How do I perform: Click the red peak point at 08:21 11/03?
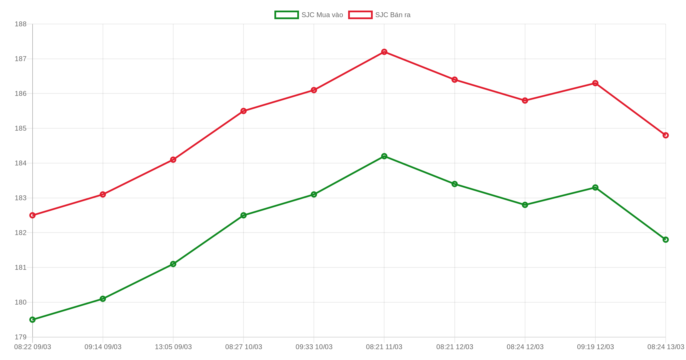[x=384, y=52]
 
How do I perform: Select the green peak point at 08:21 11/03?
[x=384, y=156]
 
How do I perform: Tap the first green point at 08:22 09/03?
[x=33, y=319]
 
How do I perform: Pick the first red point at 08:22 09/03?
[x=33, y=215]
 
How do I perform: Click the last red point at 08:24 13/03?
[x=666, y=135]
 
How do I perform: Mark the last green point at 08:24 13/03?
[x=666, y=239]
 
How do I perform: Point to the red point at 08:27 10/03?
[x=244, y=111]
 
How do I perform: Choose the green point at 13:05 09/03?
[x=173, y=264]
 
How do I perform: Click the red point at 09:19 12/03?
[x=595, y=83]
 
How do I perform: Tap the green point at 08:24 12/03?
[x=525, y=205]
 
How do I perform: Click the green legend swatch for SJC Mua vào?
[x=286, y=15]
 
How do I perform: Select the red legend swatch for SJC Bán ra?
[x=360, y=15]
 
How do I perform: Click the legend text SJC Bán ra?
[x=393, y=15]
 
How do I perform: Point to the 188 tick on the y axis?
[x=21, y=24]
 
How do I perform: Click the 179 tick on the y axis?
[x=21, y=337]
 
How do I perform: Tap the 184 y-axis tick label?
[x=21, y=163]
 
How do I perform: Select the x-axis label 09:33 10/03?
[x=314, y=347]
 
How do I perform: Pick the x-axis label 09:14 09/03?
[x=103, y=347]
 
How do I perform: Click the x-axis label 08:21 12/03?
[x=454, y=347]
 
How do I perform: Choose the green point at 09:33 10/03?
[x=314, y=194]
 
